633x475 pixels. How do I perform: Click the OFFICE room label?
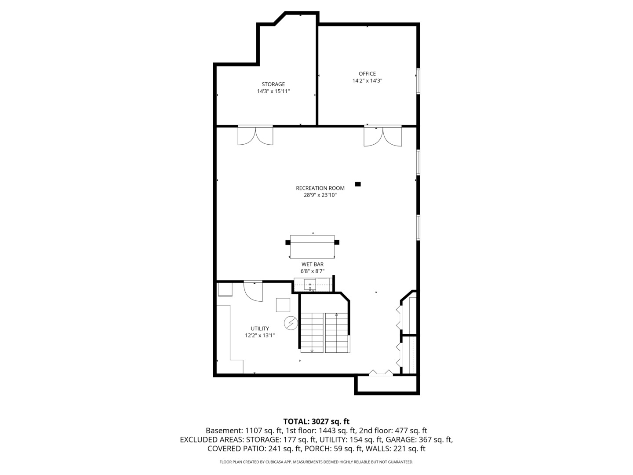[367, 74]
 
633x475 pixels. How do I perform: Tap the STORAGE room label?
[273, 84]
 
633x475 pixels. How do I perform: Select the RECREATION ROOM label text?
[320, 188]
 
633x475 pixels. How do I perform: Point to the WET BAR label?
[312, 264]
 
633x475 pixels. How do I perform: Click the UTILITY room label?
[259, 329]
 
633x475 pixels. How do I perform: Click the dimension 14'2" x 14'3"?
[367, 81]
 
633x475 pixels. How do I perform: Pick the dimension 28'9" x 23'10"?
[320, 195]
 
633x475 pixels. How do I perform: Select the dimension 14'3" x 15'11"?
[273, 91]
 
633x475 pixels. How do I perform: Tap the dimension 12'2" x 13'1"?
[259, 336]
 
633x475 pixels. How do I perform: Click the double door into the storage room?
[255, 135]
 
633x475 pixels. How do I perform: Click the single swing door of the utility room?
[253, 291]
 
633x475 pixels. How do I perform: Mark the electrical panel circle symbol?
[291, 323]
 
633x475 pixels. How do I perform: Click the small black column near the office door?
[357, 184]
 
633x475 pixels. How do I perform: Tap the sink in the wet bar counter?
[310, 285]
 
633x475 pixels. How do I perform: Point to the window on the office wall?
[418, 81]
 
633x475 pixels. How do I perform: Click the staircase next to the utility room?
[325, 332]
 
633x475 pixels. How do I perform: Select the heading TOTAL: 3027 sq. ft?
[316, 421]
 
